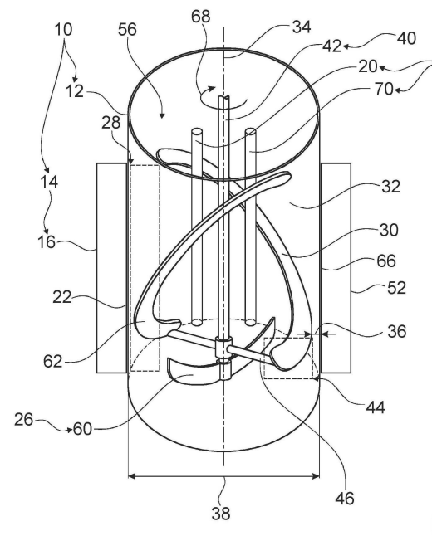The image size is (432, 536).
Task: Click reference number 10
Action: [63, 29]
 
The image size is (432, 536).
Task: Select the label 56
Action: [127, 29]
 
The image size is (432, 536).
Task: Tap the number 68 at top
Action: [200, 17]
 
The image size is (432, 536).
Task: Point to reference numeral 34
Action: [302, 27]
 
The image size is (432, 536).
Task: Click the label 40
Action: [406, 38]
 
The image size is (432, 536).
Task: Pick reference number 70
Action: [385, 90]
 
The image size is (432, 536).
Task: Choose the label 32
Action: [390, 187]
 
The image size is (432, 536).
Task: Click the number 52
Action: [396, 288]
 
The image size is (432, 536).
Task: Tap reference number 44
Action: [376, 407]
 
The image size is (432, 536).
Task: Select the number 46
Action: [345, 499]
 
